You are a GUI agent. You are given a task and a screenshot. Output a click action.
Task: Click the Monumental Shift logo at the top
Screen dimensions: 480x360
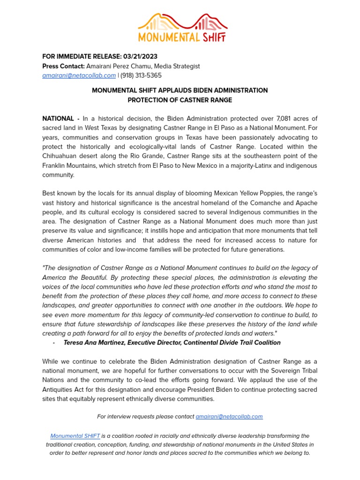(x=180, y=28)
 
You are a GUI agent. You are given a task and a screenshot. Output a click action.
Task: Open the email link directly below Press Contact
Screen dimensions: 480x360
(x=79, y=75)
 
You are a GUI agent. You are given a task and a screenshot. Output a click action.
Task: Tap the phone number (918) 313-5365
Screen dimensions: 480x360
(x=141, y=75)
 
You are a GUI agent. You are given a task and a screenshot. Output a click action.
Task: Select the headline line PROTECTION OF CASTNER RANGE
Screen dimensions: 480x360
(x=180, y=100)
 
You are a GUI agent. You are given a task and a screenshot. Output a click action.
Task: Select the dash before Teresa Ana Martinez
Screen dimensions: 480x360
(x=54, y=343)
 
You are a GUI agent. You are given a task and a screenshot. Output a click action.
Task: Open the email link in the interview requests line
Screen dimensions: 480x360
(x=229, y=416)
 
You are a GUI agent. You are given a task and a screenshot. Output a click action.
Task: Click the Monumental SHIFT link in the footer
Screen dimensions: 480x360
(x=75, y=435)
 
